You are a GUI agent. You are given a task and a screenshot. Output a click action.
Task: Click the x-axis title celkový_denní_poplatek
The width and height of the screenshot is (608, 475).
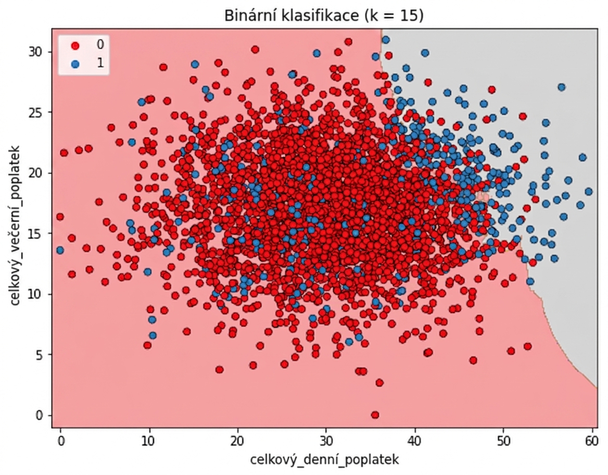pyautogui.click(x=324, y=460)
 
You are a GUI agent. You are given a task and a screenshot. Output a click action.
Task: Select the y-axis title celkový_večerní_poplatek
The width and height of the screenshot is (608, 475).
pyautogui.click(x=15, y=226)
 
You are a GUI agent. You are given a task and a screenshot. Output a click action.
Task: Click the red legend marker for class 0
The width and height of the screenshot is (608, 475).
pyautogui.click(x=75, y=45)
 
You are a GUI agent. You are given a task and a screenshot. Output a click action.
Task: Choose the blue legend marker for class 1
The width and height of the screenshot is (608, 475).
pyautogui.click(x=75, y=64)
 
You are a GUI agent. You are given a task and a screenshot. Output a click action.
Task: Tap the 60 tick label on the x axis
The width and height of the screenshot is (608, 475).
pyautogui.click(x=592, y=442)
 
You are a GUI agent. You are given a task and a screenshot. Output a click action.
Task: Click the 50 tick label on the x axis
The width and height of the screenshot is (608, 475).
pyautogui.click(x=503, y=442)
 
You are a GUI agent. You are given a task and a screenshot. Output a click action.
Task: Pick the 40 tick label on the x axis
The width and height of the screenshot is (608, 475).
pyautogui.click(x=414, y=442)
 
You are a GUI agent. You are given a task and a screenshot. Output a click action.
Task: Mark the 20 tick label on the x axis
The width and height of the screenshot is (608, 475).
pyautogui.click(x=237, y=442)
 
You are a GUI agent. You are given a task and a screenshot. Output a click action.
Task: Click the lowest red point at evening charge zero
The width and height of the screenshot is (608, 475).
pyautogui.click(x=375, y=415)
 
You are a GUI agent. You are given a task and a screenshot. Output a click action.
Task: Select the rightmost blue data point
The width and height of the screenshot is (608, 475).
pyautogui.click(x=589, y=191)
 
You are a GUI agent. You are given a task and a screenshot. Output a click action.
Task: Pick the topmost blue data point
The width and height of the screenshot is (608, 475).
pyautogui.click(x=385, y=40)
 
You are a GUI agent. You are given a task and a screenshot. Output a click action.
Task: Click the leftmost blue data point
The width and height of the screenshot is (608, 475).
pyautogui.click(x=60, y=251)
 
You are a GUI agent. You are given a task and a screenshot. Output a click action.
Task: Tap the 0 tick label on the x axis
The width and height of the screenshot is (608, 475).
pyautogui.click(x=60, y=442)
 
